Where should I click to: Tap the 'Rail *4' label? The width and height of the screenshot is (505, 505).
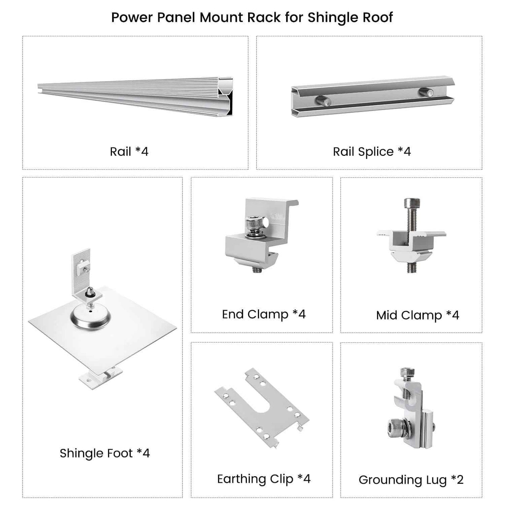(x=129, y=152)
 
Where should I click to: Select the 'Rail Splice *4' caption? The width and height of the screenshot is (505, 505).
(x=372, y=152)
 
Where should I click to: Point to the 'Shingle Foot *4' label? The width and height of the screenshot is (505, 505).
(x=104, y=454)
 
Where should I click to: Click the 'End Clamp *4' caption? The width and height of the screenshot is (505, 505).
(x=264, y=315)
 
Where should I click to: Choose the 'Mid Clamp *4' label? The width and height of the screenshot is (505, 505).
(x=418, y=316)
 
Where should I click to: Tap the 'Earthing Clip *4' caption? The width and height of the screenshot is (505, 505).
(x=264, y=479)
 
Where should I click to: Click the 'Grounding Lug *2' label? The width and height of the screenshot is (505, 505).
(x=411, y=480)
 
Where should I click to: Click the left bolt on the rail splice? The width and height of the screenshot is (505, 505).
(x=323, y=101)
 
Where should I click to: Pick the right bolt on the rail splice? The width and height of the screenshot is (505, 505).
(x=426, y=92)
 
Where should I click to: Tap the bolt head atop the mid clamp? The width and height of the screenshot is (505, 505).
(x=412, y=203)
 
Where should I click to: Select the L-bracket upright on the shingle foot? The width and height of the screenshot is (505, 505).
(x=81, y=270)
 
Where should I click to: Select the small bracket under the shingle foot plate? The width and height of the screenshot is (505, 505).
(x=101, y=377)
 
